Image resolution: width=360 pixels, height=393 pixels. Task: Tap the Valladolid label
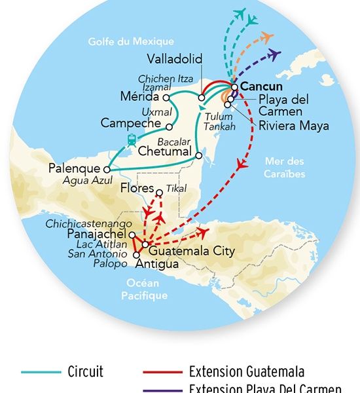click(x=175, y=58)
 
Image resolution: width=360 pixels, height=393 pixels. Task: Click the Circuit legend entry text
click(x=86, y=371)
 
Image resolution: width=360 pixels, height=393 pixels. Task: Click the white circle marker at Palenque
click(x=106, y=170)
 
